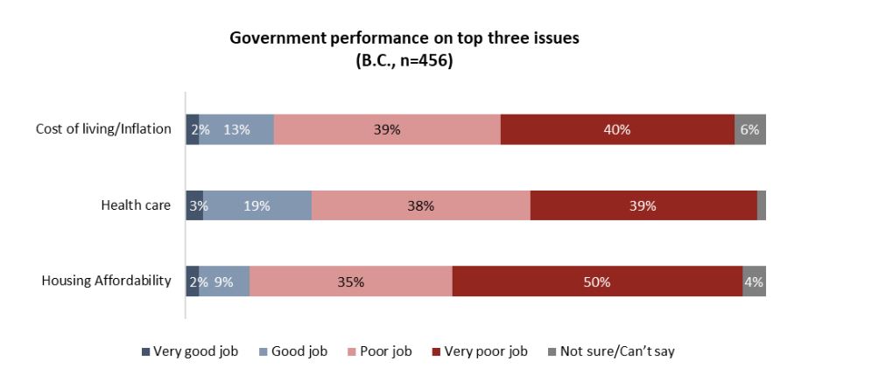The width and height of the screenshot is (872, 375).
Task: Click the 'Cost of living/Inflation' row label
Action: pos(103,129)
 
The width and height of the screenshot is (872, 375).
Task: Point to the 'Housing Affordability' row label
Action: pos(106,281)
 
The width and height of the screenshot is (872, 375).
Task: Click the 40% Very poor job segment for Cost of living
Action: pos(617,129)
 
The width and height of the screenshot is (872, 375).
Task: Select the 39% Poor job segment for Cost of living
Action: pos(387,129)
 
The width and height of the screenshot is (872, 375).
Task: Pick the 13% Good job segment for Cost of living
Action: pos(236,129)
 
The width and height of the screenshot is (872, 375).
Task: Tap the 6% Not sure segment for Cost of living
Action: pos(750,129)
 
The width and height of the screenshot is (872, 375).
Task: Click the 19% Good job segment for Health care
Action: pos(257,205)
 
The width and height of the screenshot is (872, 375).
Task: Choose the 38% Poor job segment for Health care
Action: pos(420,205)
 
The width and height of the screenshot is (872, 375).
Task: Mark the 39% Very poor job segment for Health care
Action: pos(643,205)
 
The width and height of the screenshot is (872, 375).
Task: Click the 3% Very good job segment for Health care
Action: pos(194,205)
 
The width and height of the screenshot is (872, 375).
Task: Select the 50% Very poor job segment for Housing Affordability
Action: pos(597,281)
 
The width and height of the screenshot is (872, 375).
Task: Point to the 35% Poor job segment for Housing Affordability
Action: pos(350,281)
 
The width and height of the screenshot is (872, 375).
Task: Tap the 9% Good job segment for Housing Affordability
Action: pos(224,281)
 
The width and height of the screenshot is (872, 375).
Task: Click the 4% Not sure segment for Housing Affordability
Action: pos(754,281)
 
